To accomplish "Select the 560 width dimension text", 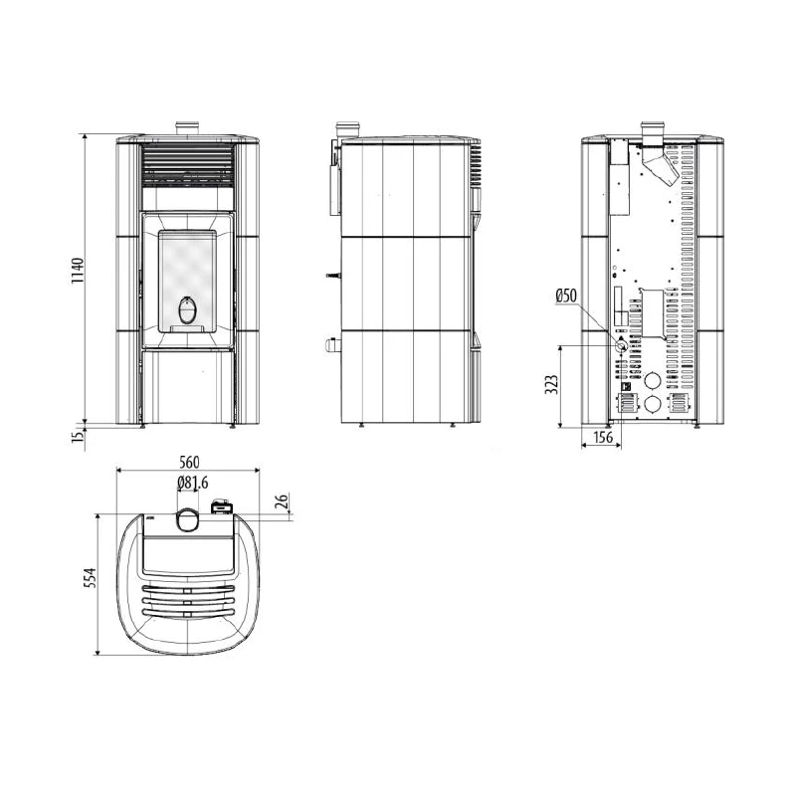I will tap(189, 462).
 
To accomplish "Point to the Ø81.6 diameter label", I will tap(192, 484).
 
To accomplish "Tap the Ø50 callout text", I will tap(566, 296).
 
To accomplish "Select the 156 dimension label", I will tap(602, 438).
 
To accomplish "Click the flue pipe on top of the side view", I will tap(348, 129).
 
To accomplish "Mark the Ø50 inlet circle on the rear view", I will tap(621, 346).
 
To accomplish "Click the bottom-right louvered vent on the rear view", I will tap(681, 403).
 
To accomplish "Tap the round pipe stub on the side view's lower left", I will tap(327, 345).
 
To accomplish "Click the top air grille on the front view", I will tap(188, 163).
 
